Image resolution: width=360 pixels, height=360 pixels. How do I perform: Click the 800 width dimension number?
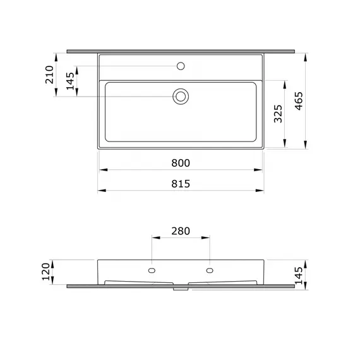pos(181,163)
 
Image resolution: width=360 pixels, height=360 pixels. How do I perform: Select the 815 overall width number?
pos(181,184)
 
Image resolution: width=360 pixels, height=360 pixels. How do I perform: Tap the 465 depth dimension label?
pos(299,101)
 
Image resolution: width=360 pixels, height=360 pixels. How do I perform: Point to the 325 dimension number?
pos(278,114)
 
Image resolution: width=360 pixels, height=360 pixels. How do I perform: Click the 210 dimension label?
pos(49,75)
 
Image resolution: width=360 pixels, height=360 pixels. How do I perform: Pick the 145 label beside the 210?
pos(70,81)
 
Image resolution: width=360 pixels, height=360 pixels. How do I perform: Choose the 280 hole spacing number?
pos(181,231)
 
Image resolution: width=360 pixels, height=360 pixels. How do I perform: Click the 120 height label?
pos(45,272)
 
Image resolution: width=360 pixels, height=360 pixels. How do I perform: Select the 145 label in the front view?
pos(299,275)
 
